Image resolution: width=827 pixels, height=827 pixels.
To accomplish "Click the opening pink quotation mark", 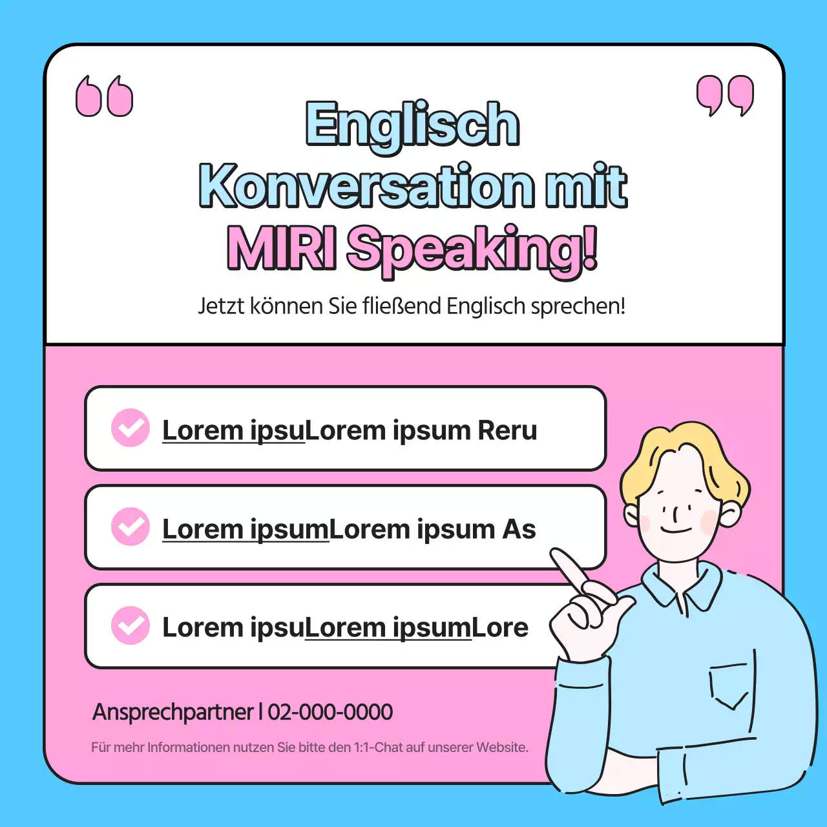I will pyautogui.click(x=104, y=97).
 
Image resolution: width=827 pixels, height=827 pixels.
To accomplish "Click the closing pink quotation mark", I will pyautogui.click(x=725, y=96).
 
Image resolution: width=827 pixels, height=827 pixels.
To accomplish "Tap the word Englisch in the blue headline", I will pyautogui.click(x=412, y=124).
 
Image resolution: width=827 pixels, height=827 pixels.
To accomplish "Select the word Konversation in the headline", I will pyautogui.click(x=366, y=186).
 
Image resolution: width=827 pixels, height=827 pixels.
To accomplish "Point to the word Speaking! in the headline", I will pyautogui.click(x=472, y=249).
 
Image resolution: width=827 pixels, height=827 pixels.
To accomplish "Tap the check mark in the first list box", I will pyautogui.click(x=131, y=428).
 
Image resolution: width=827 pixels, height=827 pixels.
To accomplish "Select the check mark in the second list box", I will pyautogui.click(x=131, y=527).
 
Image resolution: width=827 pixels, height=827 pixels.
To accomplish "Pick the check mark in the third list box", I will pyautogui.click(x=131, y=625).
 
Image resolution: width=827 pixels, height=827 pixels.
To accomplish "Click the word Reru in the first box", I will pyautogui.click(x=507, y=431).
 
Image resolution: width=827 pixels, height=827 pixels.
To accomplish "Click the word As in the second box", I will pyautogui.click(x=519, y=530).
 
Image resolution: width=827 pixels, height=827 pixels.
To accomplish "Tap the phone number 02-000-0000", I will pyautogui.click(x=330, y=712).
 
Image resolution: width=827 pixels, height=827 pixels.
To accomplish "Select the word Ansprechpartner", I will pyautogui.click(x=173, y=712).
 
